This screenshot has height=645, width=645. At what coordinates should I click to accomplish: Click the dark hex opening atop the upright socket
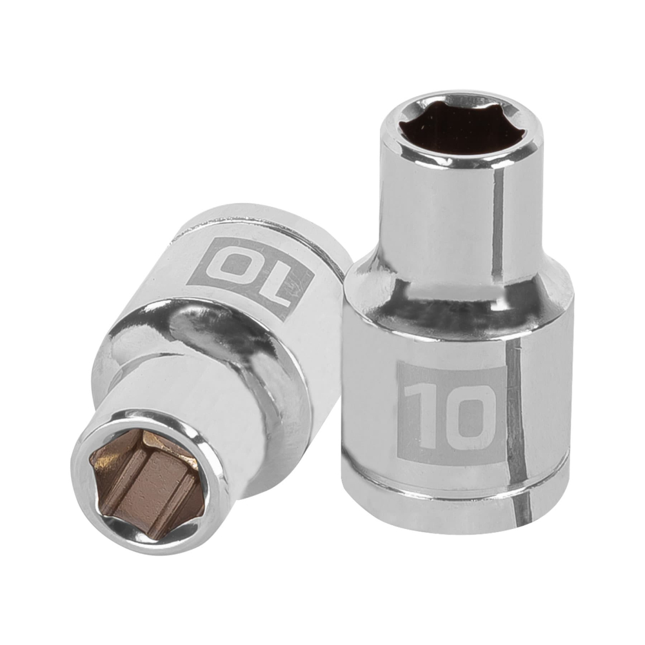point(460,127)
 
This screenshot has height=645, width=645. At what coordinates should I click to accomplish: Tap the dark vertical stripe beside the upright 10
point(516,413)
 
